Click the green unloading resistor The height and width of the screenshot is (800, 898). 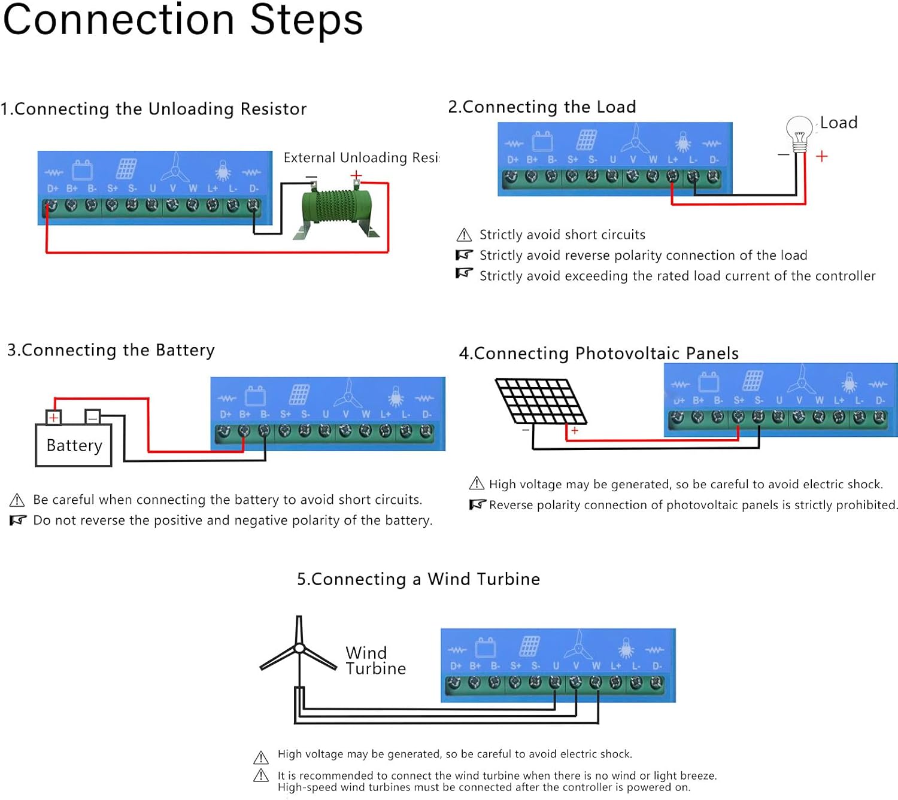coord(336,208)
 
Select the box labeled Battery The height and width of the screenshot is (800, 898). coord(74,445)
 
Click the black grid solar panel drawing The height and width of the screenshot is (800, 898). coord(541,401)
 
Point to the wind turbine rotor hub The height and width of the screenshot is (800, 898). coord(299,648)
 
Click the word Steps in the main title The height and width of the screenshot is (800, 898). coord(306,20)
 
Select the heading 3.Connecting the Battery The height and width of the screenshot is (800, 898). coord(111,350)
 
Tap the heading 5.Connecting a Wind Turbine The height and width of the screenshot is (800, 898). coord(418,579)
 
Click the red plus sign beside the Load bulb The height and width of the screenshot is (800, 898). coord(822,156)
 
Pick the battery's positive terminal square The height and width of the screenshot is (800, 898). coord(54,417)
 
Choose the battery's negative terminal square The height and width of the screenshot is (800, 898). coord(93,416)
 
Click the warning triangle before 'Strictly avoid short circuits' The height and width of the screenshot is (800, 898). coord(464,235)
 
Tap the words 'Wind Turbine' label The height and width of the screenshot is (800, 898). coord(375,661)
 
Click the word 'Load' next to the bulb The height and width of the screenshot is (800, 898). coord(838,123)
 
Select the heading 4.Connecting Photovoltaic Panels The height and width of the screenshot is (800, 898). coord(599,354)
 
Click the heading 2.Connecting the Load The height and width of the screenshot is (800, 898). coord(542,107)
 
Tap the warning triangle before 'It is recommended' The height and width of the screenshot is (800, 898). coord(261,776)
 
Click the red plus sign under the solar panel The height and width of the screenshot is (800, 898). coord(575,430)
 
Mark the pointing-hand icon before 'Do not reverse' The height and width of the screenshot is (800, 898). coord(18,521)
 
